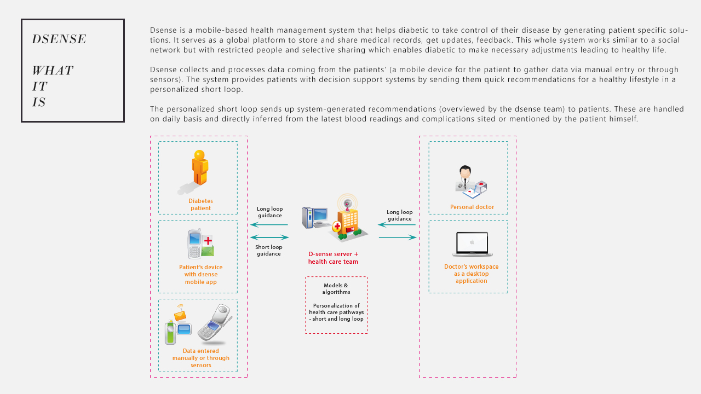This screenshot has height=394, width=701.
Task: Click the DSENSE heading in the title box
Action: (59, 39)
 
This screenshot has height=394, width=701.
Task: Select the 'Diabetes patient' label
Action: (200, 205)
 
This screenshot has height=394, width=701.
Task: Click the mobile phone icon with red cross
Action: (200, 244)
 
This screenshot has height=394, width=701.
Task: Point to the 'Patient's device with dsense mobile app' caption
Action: (200, 274)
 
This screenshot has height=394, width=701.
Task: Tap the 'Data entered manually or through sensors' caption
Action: (200, 358)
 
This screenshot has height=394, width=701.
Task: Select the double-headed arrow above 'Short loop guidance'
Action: (269, 237)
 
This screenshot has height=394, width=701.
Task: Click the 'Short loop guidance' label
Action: (269, 250)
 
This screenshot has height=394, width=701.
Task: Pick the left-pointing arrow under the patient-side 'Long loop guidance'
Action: (269, 224)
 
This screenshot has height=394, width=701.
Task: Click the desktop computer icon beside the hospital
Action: (315, 218)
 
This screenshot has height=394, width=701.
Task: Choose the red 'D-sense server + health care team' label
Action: (334, 258)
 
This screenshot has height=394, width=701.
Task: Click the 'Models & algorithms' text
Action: (336, 288)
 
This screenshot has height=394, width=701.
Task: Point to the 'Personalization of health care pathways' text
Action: (336, 309)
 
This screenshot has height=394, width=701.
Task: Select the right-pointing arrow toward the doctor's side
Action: (398, 237)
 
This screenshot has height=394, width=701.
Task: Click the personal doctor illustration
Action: (470, 182)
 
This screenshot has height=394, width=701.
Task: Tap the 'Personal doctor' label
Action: (472, 207)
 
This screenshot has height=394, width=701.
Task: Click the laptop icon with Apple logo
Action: (472, 244)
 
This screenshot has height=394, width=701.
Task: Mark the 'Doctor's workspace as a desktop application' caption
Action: (472, 274)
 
